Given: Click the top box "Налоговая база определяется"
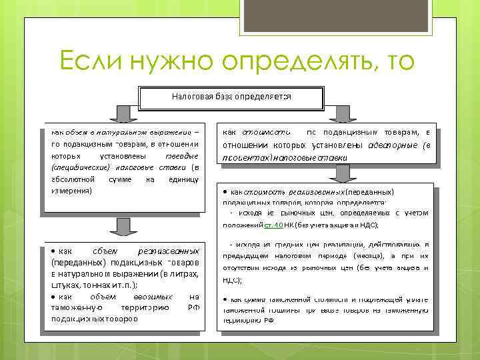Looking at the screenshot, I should tap(231, 97).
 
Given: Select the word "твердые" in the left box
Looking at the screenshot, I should tap(181, 155).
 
